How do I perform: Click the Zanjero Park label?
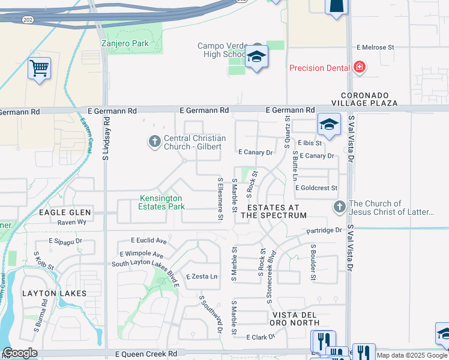click(x=124, y=44)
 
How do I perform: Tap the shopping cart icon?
click(x=39, y=68)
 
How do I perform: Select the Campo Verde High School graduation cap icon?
click(x=256, y=57)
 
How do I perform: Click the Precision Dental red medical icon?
click(x=359, y=68)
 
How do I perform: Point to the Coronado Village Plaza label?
click(x=369, y=99)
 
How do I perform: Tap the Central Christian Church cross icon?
click(x=154, y=142)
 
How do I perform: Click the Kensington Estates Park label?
click(x=161, y=202)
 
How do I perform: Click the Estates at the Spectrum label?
click(x=274, y=211)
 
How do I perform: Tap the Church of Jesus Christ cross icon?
click(x=339, y=208)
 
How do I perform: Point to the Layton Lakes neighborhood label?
click(x=55, y=293)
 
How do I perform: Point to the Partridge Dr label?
click(x=324, y=230)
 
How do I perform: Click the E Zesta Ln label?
click(x=202, y=277)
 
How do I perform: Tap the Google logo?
click(x=20, y=353)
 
